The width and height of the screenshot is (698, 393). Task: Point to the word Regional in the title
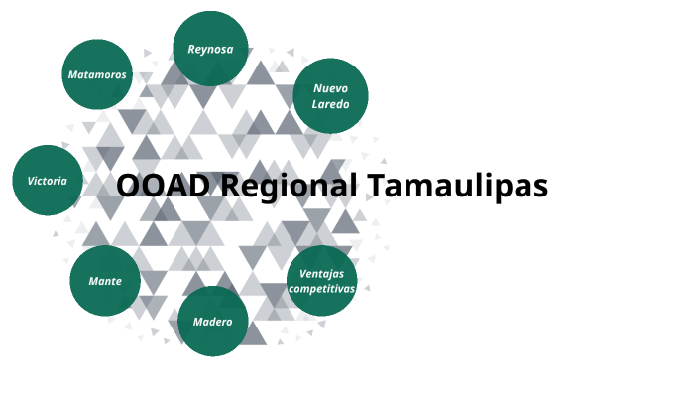coord(287,186)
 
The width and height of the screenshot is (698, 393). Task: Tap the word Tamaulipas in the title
coord(457,186)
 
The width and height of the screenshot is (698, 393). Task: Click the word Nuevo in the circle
coord(331,88)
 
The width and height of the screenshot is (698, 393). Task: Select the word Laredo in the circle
coord(331,103)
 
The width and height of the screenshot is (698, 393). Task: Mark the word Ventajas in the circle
coord(321,273)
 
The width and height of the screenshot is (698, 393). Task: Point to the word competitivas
coord(321,288)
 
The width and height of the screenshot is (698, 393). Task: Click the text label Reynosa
coord(211,49)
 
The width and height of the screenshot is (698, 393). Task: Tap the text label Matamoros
coord(97,74)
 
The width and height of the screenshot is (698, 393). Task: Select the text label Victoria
coord(48,181)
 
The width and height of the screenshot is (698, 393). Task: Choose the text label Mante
coord(105,281)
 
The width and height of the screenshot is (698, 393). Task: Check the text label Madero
coord(212,321)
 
